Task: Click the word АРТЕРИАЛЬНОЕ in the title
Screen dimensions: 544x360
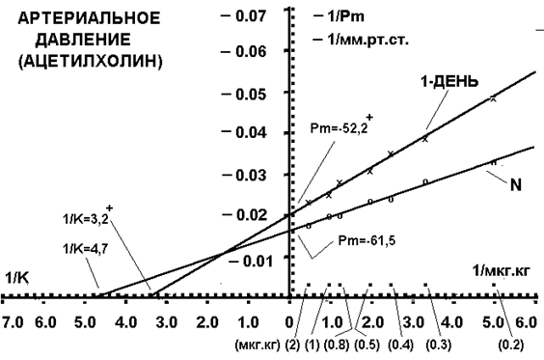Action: (89, 18)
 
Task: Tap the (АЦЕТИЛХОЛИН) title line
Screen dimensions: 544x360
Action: (91, 62)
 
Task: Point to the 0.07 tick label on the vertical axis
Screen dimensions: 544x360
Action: (251, 15)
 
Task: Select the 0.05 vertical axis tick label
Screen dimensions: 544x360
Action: (251, 94)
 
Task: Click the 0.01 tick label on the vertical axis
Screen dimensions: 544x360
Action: (258, 261)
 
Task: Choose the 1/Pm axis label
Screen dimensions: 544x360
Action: (345, 16)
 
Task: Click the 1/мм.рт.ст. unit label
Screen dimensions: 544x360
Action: (367, 40)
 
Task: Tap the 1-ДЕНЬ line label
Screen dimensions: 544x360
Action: (449, 82)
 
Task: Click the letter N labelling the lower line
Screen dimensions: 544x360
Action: (516, 185)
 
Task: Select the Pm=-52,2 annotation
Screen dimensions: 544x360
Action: (339, 129)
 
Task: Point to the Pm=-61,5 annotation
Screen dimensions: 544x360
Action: (367, 240)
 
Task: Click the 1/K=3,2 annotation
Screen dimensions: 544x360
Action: (85, 219)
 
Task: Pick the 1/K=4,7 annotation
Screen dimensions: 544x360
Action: (85, 249)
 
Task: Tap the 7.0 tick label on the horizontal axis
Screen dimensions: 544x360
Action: (13, 323)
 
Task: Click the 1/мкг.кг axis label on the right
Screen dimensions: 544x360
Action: (502, 271)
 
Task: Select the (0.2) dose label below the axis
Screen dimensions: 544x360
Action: (510, 346)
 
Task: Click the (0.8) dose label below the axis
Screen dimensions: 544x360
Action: (337, 346)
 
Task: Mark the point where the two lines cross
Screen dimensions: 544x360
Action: (224, 252)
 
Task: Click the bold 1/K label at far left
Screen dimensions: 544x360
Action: (16, 278)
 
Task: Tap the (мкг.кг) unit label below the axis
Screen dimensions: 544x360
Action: (258, 346)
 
